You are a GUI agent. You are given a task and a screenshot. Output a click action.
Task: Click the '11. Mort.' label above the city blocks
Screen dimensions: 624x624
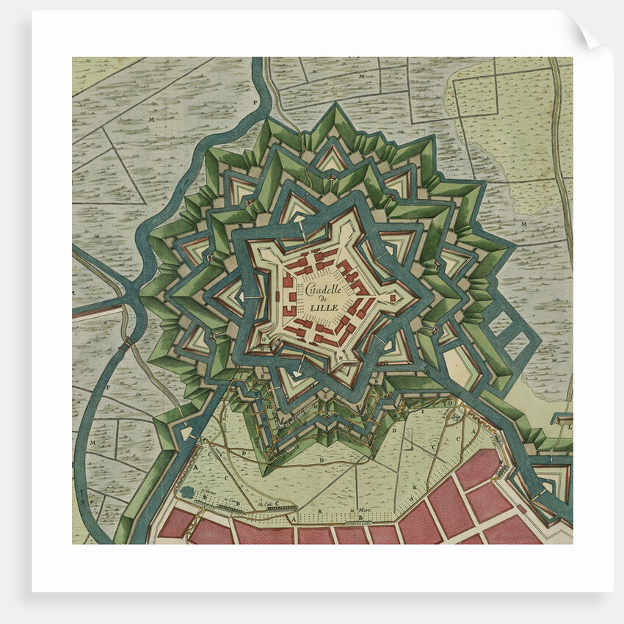(x=358, y=511)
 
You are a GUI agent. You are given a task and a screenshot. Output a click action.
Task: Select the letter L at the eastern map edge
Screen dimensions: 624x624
(x=570, y=426)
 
